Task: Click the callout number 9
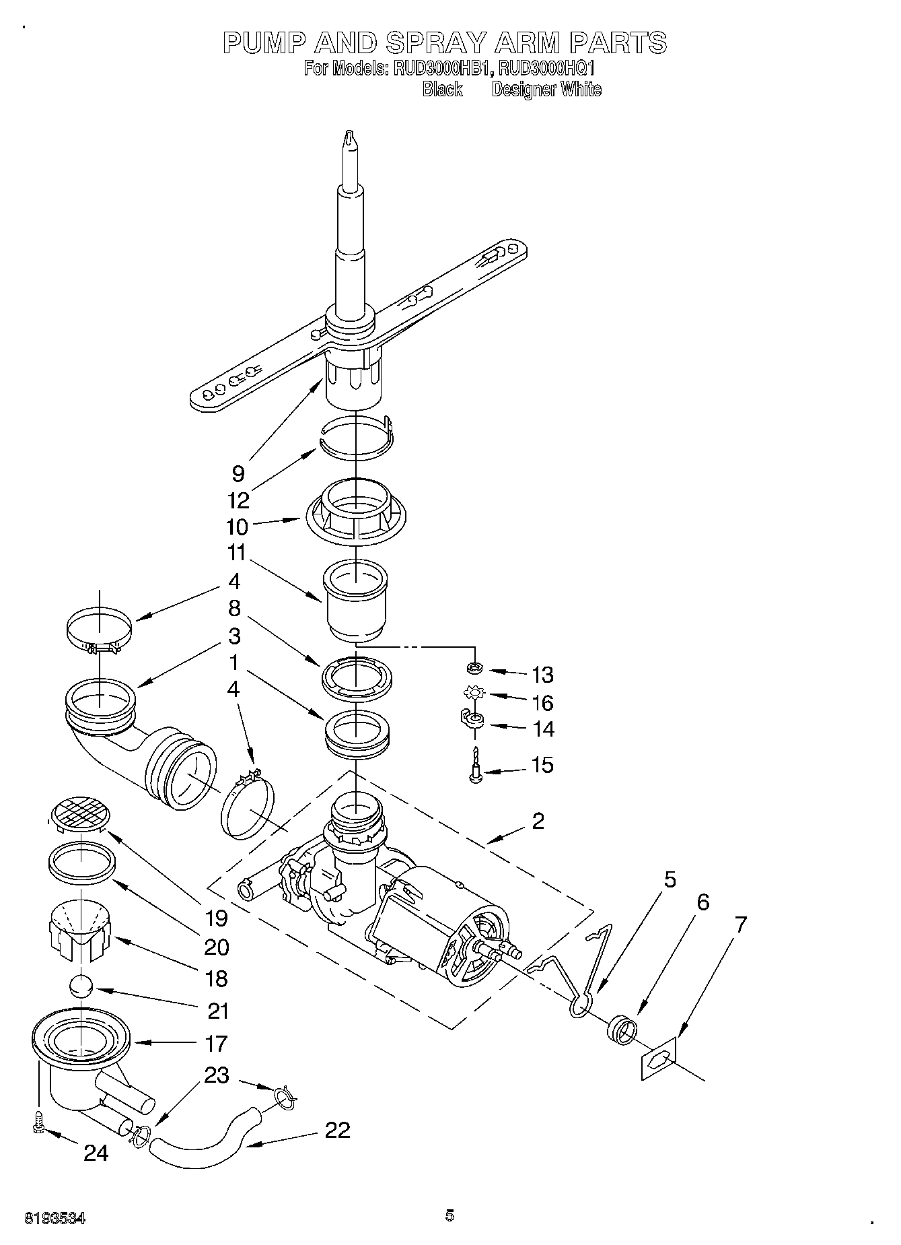coord(238,473)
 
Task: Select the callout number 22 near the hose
coord(337,1129)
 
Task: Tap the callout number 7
coord(740,924)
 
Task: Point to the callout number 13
coord(542,674)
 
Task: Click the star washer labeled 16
coord(476,692)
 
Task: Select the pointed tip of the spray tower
coord(349,137)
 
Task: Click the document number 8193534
coord(55,1218)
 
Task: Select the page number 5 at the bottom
coord(449,1215)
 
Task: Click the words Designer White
coord(546,90)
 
